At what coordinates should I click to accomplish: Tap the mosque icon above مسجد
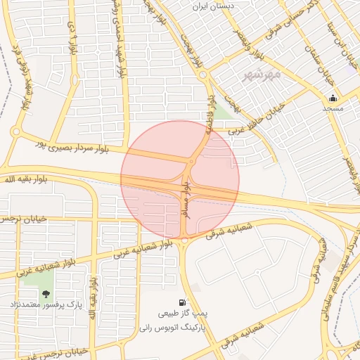[333, 98]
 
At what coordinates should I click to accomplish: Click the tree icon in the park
[46, 294]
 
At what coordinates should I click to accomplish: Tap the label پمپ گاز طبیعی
[184, 314]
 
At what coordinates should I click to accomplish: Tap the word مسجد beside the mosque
[333, 109]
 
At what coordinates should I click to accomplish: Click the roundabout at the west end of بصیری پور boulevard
[15, 131]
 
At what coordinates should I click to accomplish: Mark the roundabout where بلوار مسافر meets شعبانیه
[184, 240]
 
